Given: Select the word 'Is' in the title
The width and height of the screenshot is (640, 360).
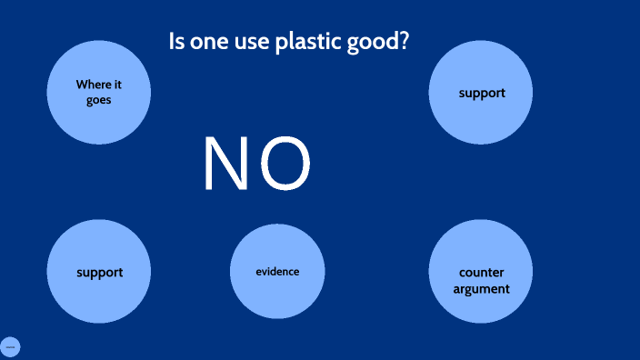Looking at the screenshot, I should [177, 42].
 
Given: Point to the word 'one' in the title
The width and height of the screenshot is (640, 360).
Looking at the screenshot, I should [209, 42].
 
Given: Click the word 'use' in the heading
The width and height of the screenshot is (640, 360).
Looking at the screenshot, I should [252, 43].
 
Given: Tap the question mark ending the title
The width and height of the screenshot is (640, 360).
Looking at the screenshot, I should [402, 42].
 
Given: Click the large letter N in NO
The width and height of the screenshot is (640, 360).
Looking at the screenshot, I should [225, 165].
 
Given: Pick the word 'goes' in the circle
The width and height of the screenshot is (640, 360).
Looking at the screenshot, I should [98, 100].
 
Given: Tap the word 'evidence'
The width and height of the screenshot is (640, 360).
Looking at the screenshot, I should [277, 272].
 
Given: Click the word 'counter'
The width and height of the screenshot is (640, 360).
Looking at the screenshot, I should [482, 274].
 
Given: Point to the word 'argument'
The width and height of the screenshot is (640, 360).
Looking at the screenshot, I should [481, 289].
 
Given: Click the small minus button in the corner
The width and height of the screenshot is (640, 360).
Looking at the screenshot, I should [10, 346].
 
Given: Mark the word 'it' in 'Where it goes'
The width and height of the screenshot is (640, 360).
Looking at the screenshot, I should [117, 85].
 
